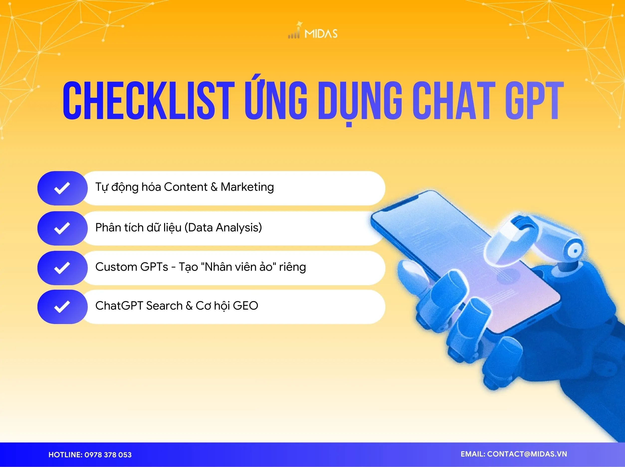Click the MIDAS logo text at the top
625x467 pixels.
[321, 34]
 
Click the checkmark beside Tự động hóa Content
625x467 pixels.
[62, 188]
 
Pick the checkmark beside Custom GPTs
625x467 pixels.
[62, 268]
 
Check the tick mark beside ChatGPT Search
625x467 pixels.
[62, 307]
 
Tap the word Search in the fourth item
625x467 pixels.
[164, 306]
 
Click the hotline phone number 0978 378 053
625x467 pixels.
[108, 455]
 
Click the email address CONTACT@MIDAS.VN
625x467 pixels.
[527, 454]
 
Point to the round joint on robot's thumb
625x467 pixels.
[574, 251]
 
